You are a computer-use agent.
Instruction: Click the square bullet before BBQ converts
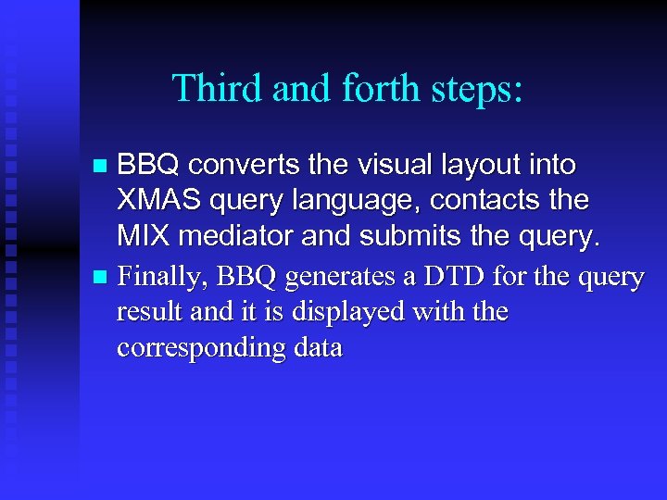101,168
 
